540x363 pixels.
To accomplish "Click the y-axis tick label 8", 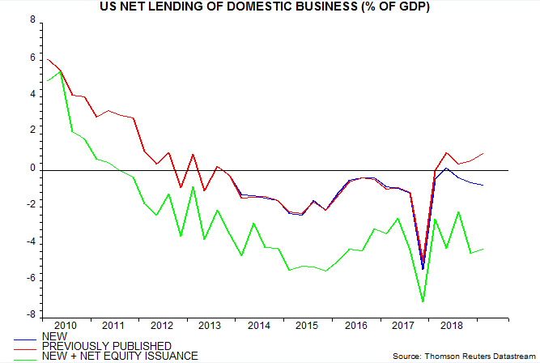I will click(32, 23).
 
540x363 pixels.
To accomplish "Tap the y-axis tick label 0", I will click(32, 169).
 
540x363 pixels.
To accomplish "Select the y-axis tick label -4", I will click(30, 242).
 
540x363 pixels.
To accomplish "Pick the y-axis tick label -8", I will click(30, 315).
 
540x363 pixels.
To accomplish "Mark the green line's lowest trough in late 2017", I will click(423, 302).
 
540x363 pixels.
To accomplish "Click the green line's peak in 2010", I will click(61, 71).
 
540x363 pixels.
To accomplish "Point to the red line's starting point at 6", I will click(48, 59).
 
